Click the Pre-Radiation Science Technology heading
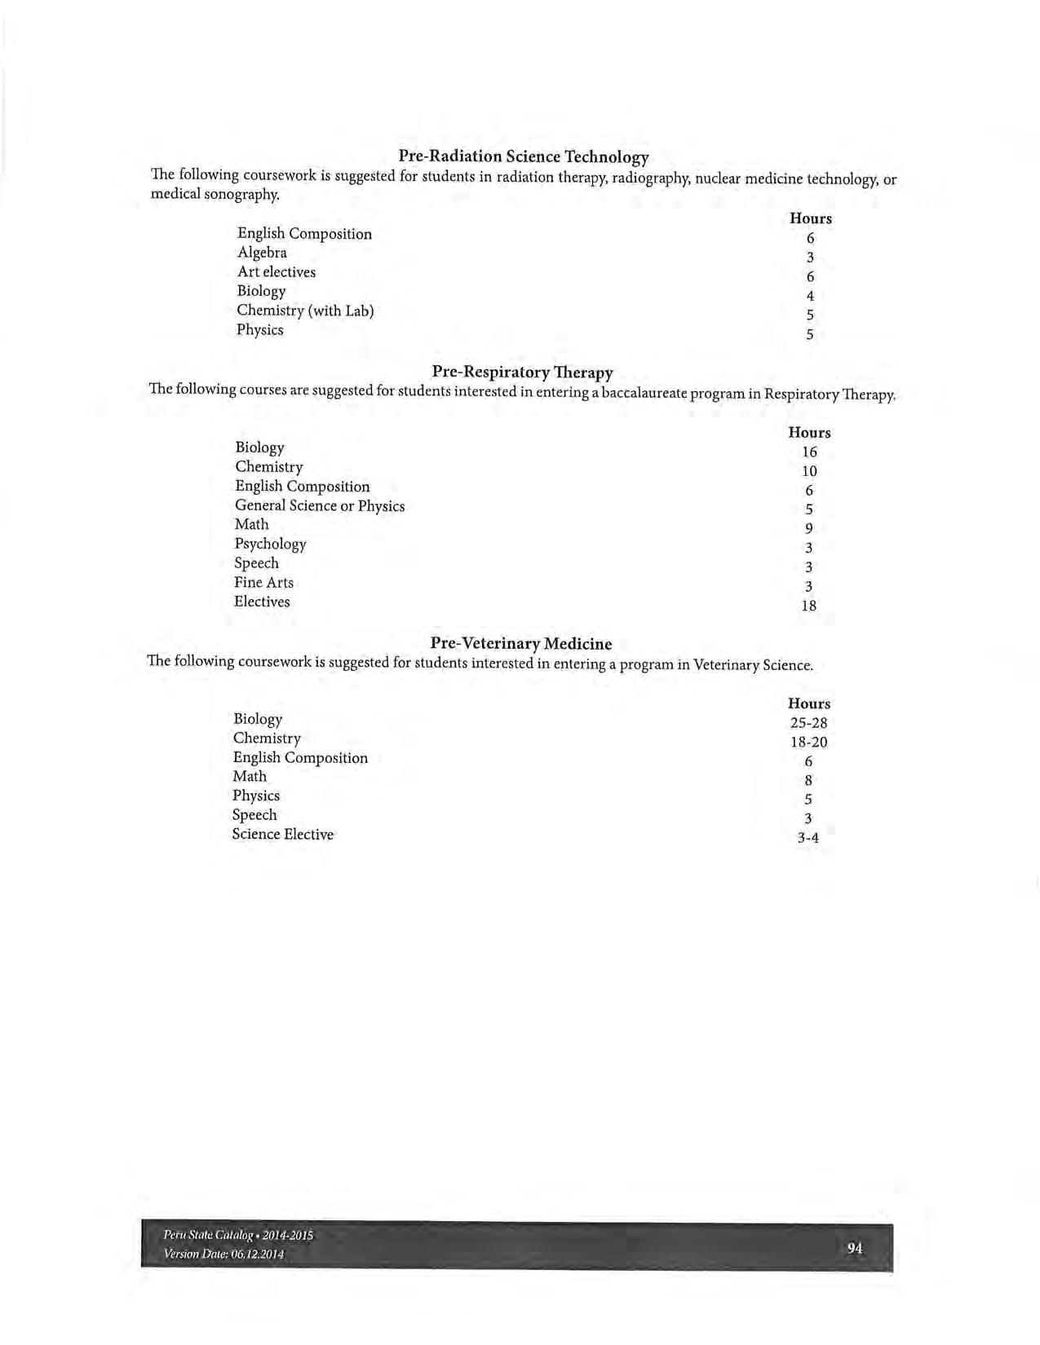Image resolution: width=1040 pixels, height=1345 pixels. pyautogui.click(x=523, y=157)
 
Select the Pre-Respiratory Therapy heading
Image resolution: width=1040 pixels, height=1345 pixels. pyautogui.click(x=522, y=373)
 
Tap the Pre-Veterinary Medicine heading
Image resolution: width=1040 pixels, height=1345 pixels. pyautogui.click(x=520, y=644)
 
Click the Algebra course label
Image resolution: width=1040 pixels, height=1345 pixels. pyautogui.click(x=262, y=253)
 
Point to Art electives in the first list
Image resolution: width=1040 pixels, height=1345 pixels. pyautogui.click(x=276, y=272)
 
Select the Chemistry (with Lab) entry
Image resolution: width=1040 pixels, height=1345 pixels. pyautogui.click(x=305, y=311)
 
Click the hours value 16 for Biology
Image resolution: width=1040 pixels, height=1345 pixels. pyautogui.click(x=809, y=452)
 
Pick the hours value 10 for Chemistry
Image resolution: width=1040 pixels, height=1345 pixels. pyautogui.click(x=809, y=471)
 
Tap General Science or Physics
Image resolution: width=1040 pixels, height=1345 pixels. pyautogui.click(x=320, y=506)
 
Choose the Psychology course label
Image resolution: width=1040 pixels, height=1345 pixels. pyautogui.click(x=270, y=544)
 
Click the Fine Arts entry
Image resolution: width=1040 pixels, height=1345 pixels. pyautogui.click(x=263, y=583)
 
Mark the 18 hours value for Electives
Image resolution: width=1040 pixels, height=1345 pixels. pyautogui.click(x=808, y=606)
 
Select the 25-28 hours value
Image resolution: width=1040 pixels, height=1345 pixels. pyautogui.click(x=808, y=723)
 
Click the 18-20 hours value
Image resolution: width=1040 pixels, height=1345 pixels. pyautogui.click(x=808, y=743)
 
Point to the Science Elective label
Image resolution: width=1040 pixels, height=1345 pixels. pyautogui.click(x=282, y=835)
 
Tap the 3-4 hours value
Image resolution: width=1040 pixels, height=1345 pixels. pyautogui.click(x=808, y=838)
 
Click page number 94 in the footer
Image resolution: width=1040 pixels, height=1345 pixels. pyautogui.click(x=855, y=1248)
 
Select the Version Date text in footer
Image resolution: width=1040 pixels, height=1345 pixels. pyautogui.click(x=223, y=1255)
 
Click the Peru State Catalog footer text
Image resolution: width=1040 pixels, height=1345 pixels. pyautogui.click(x=238, y=1235)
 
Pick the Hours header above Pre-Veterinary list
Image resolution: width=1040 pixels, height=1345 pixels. pyautogui.click(x=808, y=703)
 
